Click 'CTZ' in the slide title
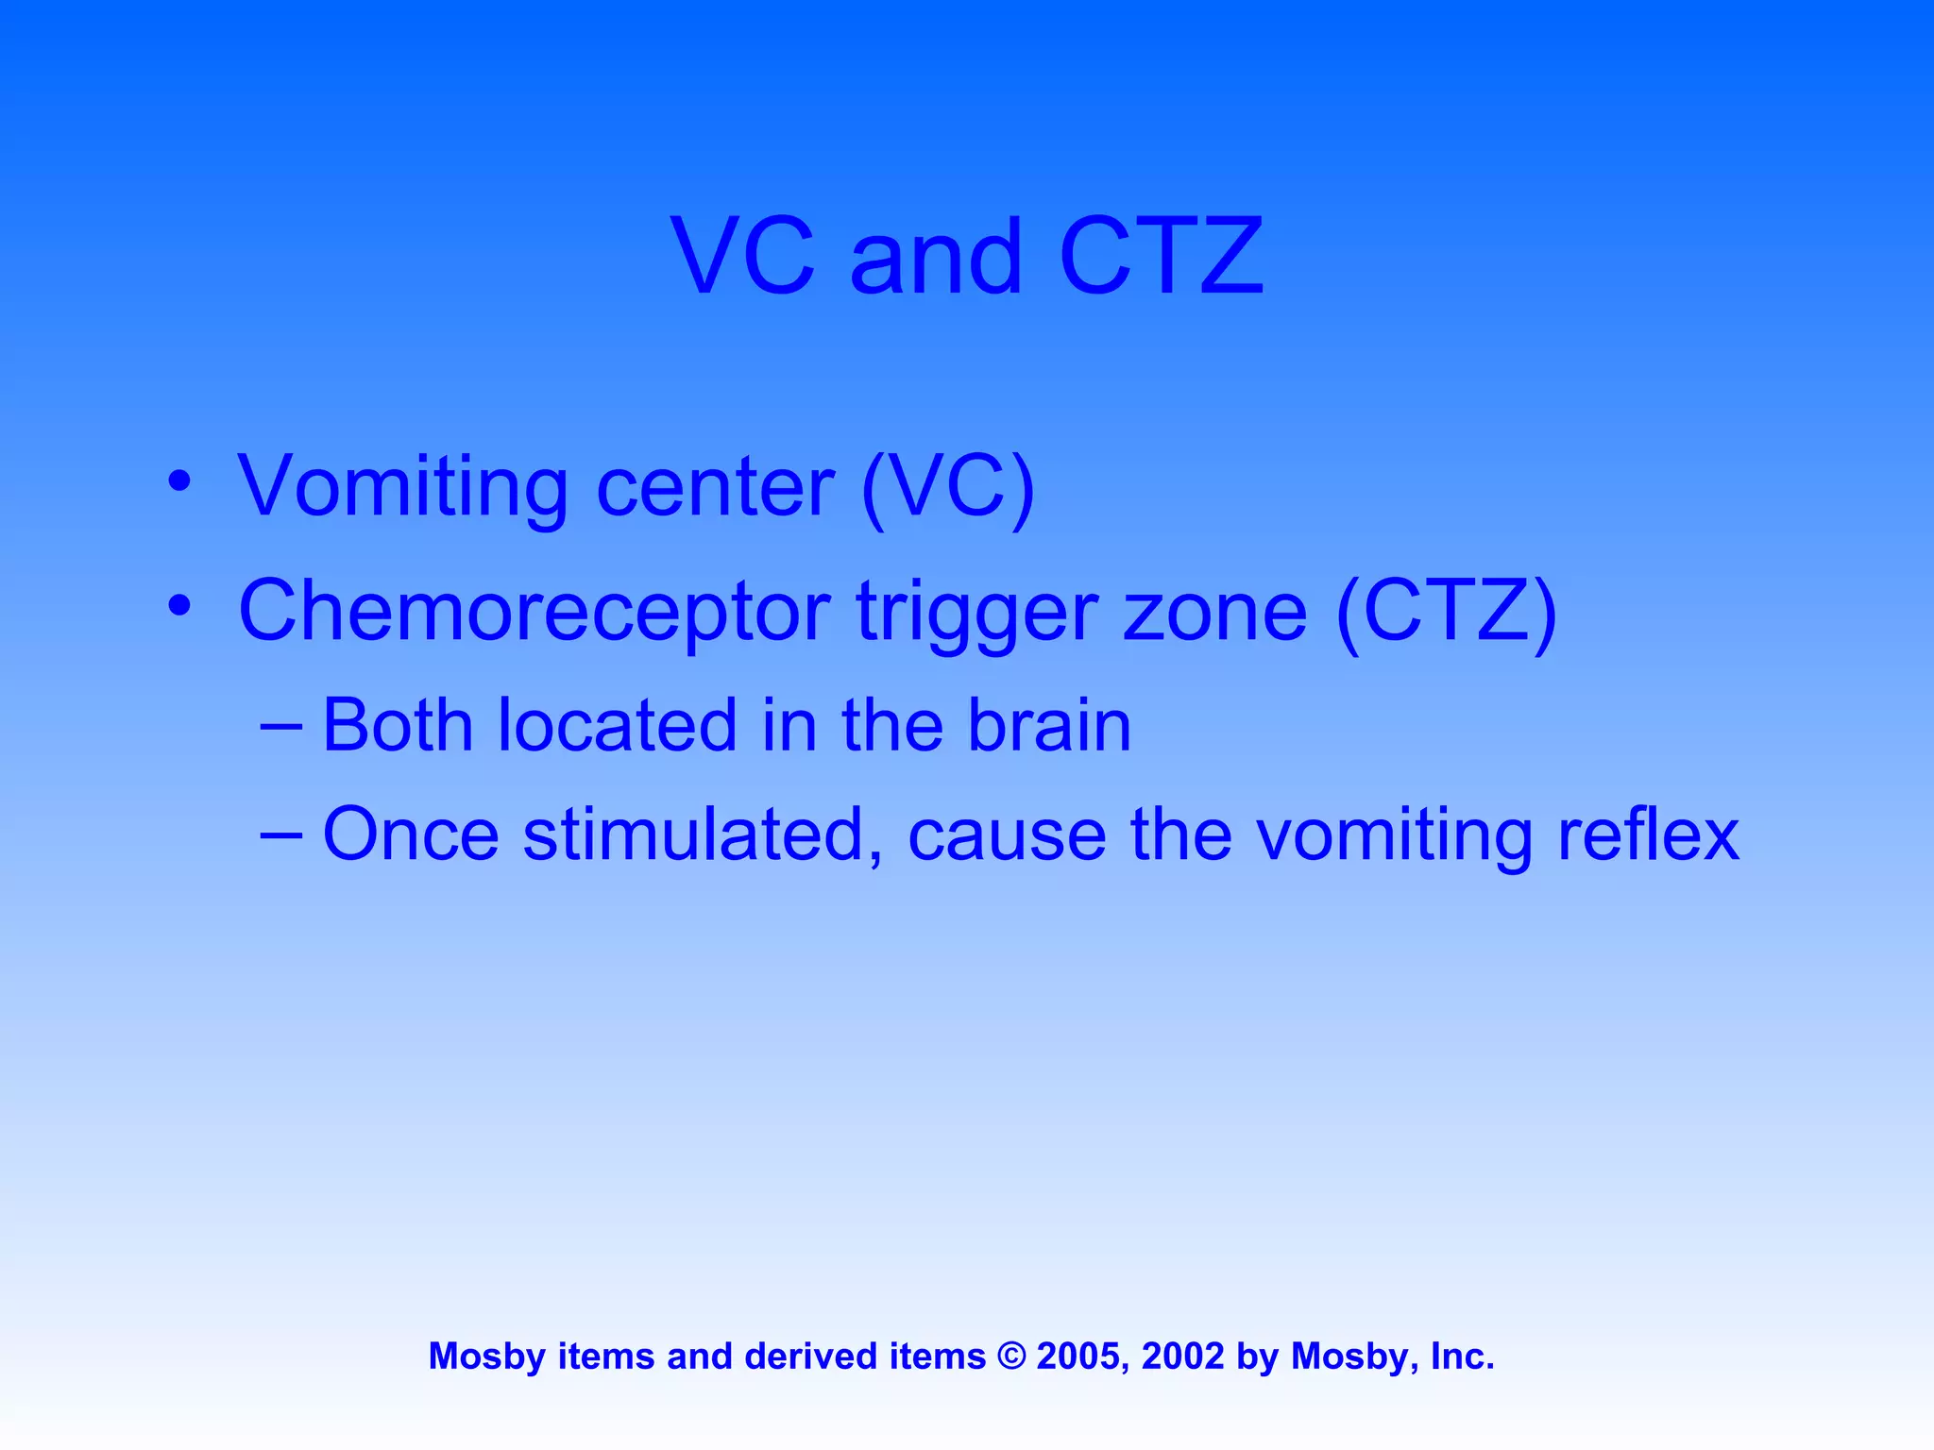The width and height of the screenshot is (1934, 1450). click(x=1161, y=256)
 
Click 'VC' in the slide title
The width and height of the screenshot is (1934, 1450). click(x=742, y=256)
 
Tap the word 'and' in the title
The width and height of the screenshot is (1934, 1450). click(x=936, y=256)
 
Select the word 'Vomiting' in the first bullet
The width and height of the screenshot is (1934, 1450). click(x=403, y=488)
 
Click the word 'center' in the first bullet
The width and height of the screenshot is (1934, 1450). click(x=716, y=488)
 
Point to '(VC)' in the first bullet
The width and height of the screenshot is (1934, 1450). click(x=948, y=488)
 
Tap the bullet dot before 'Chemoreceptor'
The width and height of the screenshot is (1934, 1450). click(x=179, y=604)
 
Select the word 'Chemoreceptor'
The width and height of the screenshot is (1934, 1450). click(x=534, y=612)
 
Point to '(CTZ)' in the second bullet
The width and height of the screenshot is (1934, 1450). click(x=1447, y=612)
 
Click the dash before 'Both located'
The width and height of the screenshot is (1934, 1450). click(x=280, y=727)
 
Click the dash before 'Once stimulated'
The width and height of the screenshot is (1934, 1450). click(x=280, y=835)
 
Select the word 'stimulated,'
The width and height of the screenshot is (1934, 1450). click(x=704, y=835)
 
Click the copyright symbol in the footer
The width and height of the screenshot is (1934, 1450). click(x=1011, y=1357)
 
